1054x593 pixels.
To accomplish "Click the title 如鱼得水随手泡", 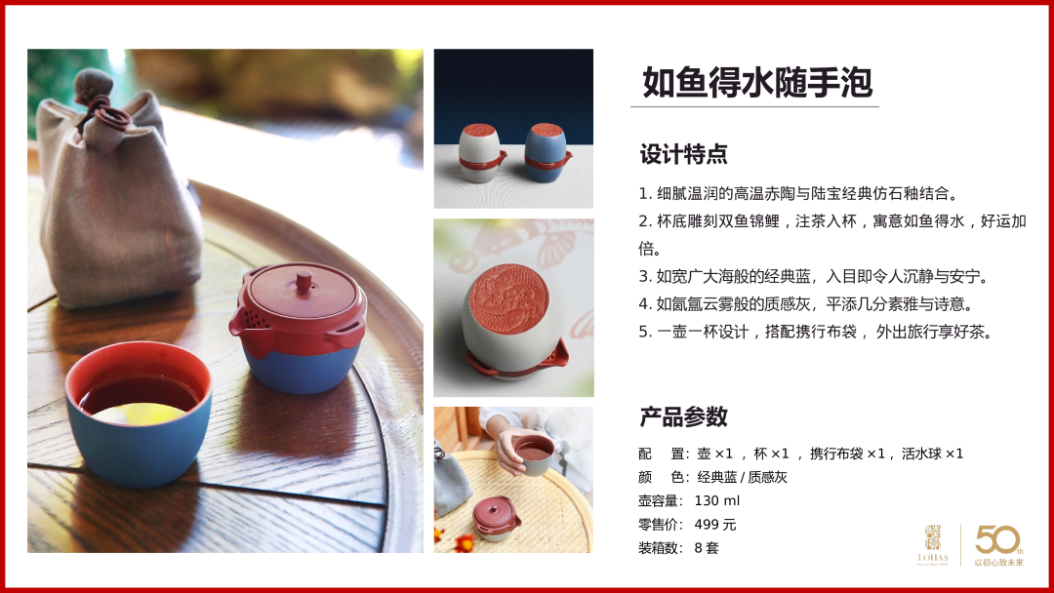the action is [x=757, y=83].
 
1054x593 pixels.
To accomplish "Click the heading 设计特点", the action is [x=683, y=154].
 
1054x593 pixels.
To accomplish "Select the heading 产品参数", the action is [x=683, y=417].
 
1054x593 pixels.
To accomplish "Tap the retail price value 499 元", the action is [x=715, y=525].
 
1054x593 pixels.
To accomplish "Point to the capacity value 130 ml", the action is [x=716, y=501].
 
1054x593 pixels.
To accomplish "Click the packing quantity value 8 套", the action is [x=707, y=548].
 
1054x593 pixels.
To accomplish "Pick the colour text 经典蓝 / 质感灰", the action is [x=742, y=478].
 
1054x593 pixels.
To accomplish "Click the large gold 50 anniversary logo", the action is [x=998, y=540].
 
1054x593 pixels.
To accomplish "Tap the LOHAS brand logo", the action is [x=933, y=545].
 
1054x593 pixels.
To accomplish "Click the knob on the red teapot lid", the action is [x=304, y=281].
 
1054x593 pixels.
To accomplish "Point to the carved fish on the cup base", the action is [x=508, y=298].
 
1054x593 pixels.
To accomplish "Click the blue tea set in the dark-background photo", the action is [x=547, y=152].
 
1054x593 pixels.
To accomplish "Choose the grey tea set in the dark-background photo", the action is [x=481, y=153].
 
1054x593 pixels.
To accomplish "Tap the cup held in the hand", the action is [x=533, y=455].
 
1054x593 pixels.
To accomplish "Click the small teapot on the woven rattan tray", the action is [x=496, y=518].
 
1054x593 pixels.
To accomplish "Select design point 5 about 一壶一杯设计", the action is [x=815, y=332].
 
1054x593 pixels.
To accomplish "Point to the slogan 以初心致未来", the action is [x=999, y=563].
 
